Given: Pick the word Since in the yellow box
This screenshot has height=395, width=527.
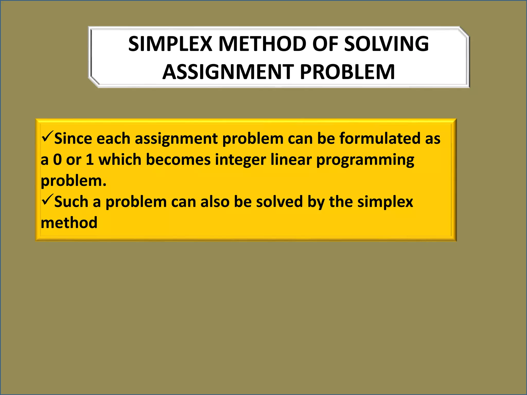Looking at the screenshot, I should point(73,139).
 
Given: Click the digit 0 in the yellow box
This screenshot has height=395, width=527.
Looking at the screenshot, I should point(57,160).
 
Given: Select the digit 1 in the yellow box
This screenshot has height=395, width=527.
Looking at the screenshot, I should point(90,160).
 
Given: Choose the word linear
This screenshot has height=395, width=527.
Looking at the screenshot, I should point(291,160).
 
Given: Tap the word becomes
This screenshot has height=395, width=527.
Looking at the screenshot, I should point(178,160).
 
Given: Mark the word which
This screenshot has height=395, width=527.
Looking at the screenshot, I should point(120,160).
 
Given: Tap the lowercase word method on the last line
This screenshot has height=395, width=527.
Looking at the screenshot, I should point(69,223).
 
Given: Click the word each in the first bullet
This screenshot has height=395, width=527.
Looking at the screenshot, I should point(113,139).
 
